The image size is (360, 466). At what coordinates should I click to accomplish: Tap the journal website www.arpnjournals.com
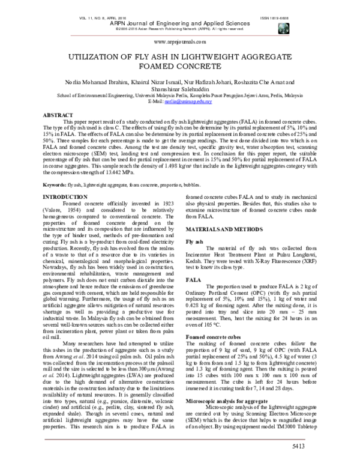[x=180, y=42]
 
